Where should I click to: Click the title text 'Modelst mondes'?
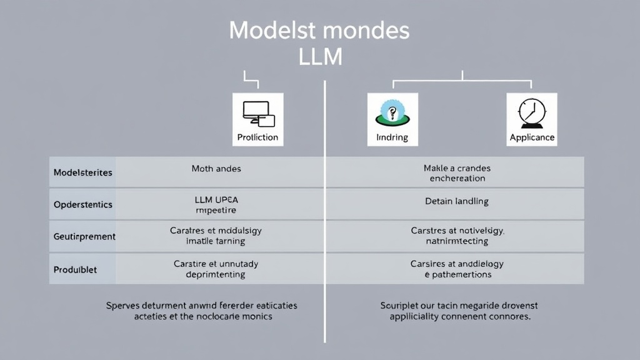(319, 30)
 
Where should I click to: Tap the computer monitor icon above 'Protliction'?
(257, 112)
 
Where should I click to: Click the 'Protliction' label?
(257, 137)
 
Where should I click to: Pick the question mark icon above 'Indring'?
(392, 112)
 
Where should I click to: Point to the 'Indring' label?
(392, 137)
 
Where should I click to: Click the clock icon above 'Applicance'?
(532, 112)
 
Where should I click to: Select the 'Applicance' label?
(532, 137)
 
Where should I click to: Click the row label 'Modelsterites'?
(83, 172)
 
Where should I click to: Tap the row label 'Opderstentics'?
(83, 204)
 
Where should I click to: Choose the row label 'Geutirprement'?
(84, 237)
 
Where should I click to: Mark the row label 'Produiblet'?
(76, 269)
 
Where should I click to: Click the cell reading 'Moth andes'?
(216, 169)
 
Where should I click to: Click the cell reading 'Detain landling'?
(457, 201)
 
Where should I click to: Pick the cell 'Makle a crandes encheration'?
(457, 173)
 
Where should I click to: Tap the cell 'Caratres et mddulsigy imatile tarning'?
(216, 236)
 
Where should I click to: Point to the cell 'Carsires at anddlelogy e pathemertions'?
(457, 269)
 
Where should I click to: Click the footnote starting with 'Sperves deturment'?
(202, 311)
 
